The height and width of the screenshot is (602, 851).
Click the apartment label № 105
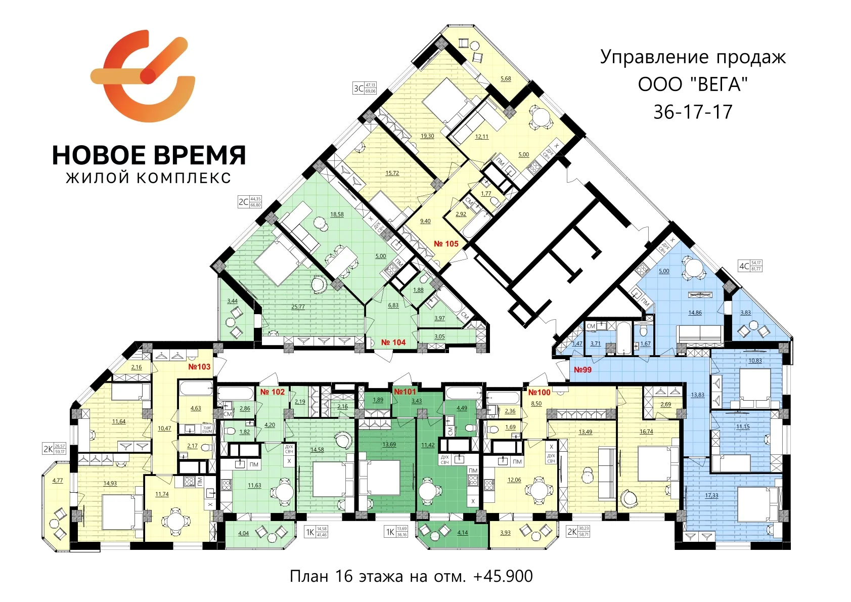pyautogui.click(x=446, y=244)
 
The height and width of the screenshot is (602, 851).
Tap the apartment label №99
pyautogui.click(x=583, y=370)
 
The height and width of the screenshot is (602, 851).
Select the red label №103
pyautogui.click(x=199, y=367)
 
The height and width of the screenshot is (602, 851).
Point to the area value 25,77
pyautogui.click(x=298, y=307)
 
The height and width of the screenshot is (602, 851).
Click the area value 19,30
pyautogui.click(x=427, y=136)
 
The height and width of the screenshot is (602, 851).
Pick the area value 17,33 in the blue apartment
pyautogui.click(x=711, y=496)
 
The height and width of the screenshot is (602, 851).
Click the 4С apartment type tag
pyautogui.click(x=744, y=266)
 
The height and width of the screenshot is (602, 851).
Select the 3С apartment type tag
pyautogui.click(x=359, y=89)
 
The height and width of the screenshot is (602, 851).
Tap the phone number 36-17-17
pyautogui.click(x=693, y=112)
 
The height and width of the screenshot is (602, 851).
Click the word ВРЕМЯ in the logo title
pyautogui.click(x=197, y=155)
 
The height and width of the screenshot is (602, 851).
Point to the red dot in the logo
pyautogui.click(x=148, y=76)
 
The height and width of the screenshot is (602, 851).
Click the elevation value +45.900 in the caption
pyautogui.click(x=503, y=576)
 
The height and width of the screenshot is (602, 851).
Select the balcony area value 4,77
pyautogui.click(x=58, y=481)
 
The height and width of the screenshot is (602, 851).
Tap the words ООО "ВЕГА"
pyautogui.click(x=693, y=84)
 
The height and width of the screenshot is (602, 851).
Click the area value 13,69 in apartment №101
pyautogui.click(x=389, y=445)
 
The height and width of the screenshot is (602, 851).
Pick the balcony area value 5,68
pyautogui.click(x=506, y=79)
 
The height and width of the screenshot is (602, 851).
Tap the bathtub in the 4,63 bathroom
pyautogui.click(x=196, y=389)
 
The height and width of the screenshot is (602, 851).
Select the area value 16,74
pyautogui.click(x=646, y=432)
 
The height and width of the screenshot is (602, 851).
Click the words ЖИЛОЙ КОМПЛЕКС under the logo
pyautogui.click(x=149, y=178)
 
